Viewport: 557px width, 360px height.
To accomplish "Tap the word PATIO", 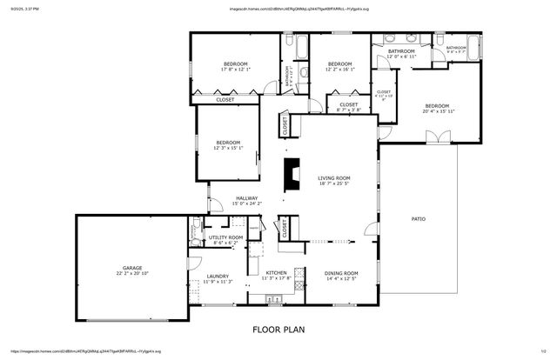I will click(418, 218).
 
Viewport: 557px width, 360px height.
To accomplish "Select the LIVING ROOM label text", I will click(333, 177).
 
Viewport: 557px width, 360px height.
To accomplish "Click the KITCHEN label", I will click(277, 273).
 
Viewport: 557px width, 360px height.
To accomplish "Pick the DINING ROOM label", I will click(341, 273).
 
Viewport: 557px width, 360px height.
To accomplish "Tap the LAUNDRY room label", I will click(217, 276).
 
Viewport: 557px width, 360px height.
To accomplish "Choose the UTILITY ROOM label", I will click(224, 237).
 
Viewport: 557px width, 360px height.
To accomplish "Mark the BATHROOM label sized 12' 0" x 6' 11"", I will click(401, 51).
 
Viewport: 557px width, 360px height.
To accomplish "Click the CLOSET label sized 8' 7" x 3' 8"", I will click(324, 105).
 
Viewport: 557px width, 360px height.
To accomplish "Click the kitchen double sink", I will click(298, 280).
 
